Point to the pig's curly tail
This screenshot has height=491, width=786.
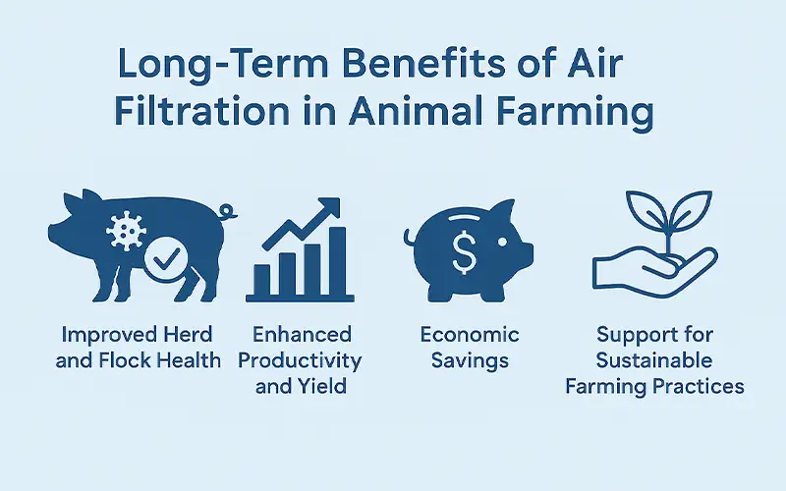coord(229,210)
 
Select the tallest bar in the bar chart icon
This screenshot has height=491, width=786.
coord(337,262)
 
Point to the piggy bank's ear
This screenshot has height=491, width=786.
coord(503,210)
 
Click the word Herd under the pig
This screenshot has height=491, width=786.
coord(185,334)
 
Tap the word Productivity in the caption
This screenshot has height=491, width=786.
coord(300,360)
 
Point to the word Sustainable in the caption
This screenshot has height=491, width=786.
coord(653,360)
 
